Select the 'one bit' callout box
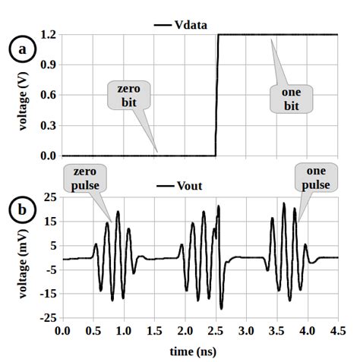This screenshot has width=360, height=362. tap(291, 98)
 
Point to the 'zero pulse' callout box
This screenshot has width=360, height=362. tap(84, 178)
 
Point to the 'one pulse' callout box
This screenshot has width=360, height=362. tap(316, 178)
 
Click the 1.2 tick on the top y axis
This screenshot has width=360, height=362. tap(49, 35)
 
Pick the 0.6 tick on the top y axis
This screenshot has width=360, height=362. tap(49, 96)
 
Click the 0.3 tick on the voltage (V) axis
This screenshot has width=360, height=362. tap(49, 126)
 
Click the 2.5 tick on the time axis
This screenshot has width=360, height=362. tap(216, 332)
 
